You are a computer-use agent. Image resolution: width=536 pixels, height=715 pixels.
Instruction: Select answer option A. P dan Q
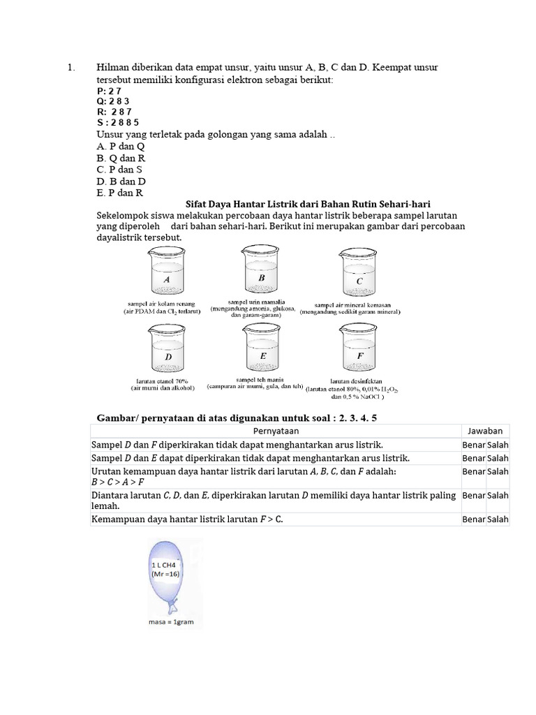tap(121, 147)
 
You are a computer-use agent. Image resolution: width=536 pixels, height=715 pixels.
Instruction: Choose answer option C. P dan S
tap(119, 170)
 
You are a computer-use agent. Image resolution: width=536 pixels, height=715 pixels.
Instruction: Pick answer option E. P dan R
tap(120, 193)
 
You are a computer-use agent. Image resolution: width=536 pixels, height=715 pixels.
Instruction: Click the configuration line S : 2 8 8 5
tap(119, 122)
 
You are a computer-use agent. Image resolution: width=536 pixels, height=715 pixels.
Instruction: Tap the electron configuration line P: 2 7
tap(110, 91)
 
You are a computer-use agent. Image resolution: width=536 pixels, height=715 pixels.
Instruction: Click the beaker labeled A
tap(167, 274)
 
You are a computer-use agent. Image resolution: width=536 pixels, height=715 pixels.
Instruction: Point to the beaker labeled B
tap(262, 273)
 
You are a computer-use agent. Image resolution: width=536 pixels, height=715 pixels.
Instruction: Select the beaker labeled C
tap(359, 275)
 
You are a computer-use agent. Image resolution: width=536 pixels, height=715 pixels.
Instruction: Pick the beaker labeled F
tap(359, 351)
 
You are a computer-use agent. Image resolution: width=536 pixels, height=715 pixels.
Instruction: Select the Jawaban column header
tap(485, 431)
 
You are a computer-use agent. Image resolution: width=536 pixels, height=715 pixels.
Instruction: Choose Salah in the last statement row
tap(498, 519)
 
